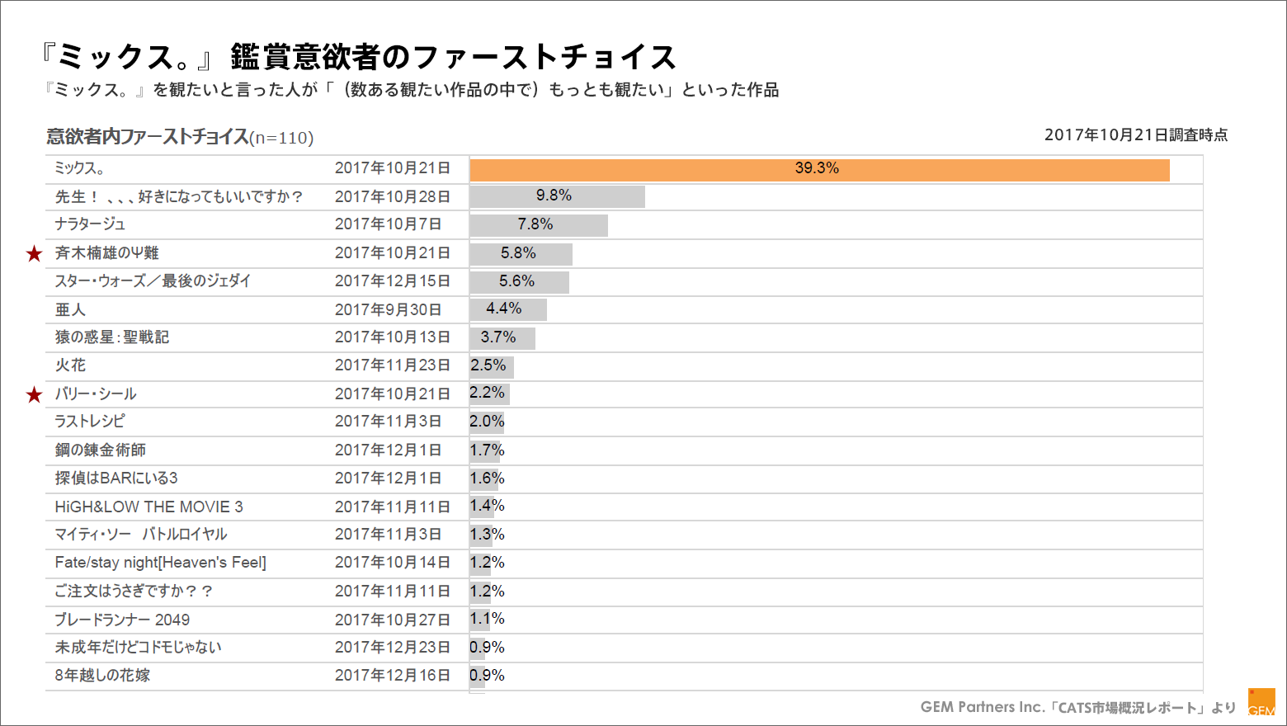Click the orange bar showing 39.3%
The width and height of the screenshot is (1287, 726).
tap(819, 170)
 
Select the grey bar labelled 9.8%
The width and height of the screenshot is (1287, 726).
tap(557, 196)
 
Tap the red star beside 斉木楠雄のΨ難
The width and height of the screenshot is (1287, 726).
tap(34, 254)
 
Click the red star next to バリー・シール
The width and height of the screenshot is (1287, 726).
tap(34, 395)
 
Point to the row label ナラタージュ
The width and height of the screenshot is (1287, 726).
tap(90, 224)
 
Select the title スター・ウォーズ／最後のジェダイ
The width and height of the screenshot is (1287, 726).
tap(153, 281)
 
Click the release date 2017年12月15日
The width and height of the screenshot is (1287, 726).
tap(392, 281)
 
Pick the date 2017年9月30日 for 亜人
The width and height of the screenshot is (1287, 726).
tap(388, 310)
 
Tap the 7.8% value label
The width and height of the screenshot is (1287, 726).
tap(535, 224)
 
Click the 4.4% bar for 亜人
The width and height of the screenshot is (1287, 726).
tap(507, 309)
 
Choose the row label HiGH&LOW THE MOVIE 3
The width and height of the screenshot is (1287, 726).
tap(148, 507)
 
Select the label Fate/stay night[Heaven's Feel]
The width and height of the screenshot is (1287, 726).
tap(160, 563)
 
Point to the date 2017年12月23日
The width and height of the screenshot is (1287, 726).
tap(392, 648)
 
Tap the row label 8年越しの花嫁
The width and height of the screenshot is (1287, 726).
tap(102, 676)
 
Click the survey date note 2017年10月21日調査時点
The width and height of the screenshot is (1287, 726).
tap(1135, 135)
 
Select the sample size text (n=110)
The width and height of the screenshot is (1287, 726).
tap(281, 138)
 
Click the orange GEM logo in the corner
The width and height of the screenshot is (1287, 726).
tap(1261, 702)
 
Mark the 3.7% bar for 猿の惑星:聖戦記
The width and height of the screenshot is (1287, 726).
tap(502, 338)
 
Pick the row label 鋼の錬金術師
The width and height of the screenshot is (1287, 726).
tap(100, 450)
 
